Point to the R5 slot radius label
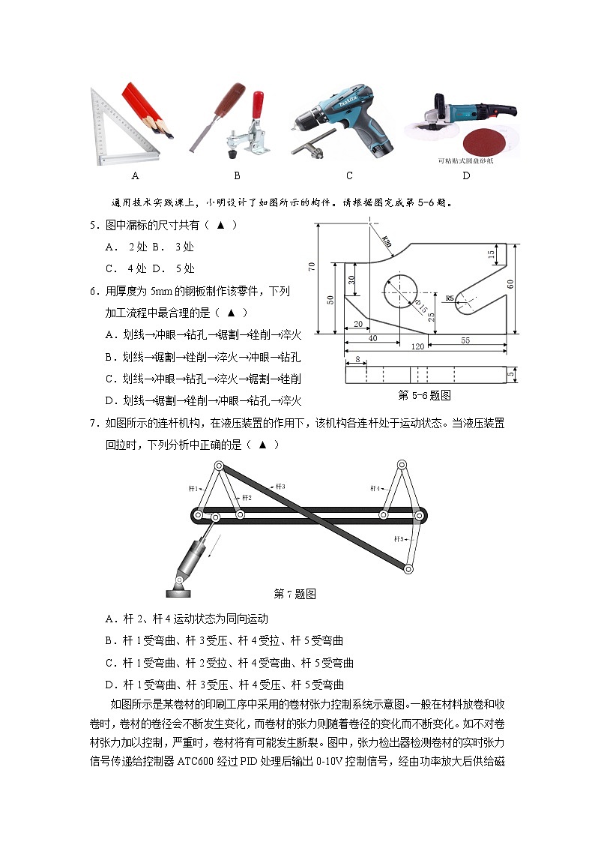(x=450, y=298)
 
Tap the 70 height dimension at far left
(x=311, y=267)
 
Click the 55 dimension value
(x=465, y=340)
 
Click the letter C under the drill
(x=349, y=176)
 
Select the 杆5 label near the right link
(x=399, y=538)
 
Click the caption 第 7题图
(x=295, y=594)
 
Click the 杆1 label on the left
(x=193, y=488)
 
